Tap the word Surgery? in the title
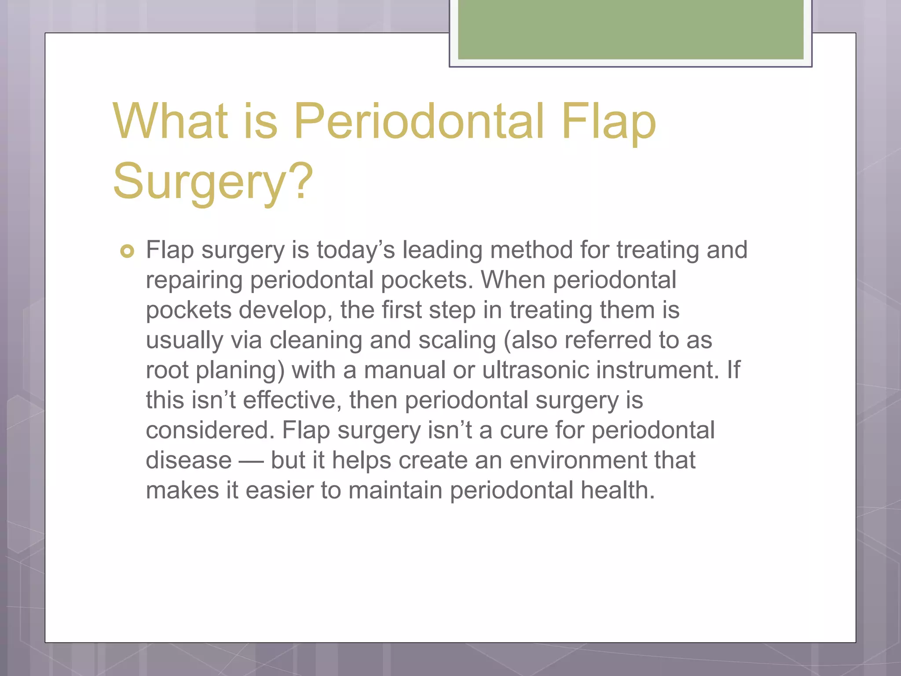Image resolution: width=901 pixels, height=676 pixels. click(213, 181)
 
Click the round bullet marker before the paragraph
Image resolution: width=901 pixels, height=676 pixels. click(127, 251)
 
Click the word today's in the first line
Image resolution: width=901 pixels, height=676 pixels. click(355, 250)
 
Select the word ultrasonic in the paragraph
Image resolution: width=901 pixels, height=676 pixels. click(535, 370)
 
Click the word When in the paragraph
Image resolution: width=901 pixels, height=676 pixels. click(513, 280)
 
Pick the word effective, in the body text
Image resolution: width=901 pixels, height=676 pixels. click(292, 400)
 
